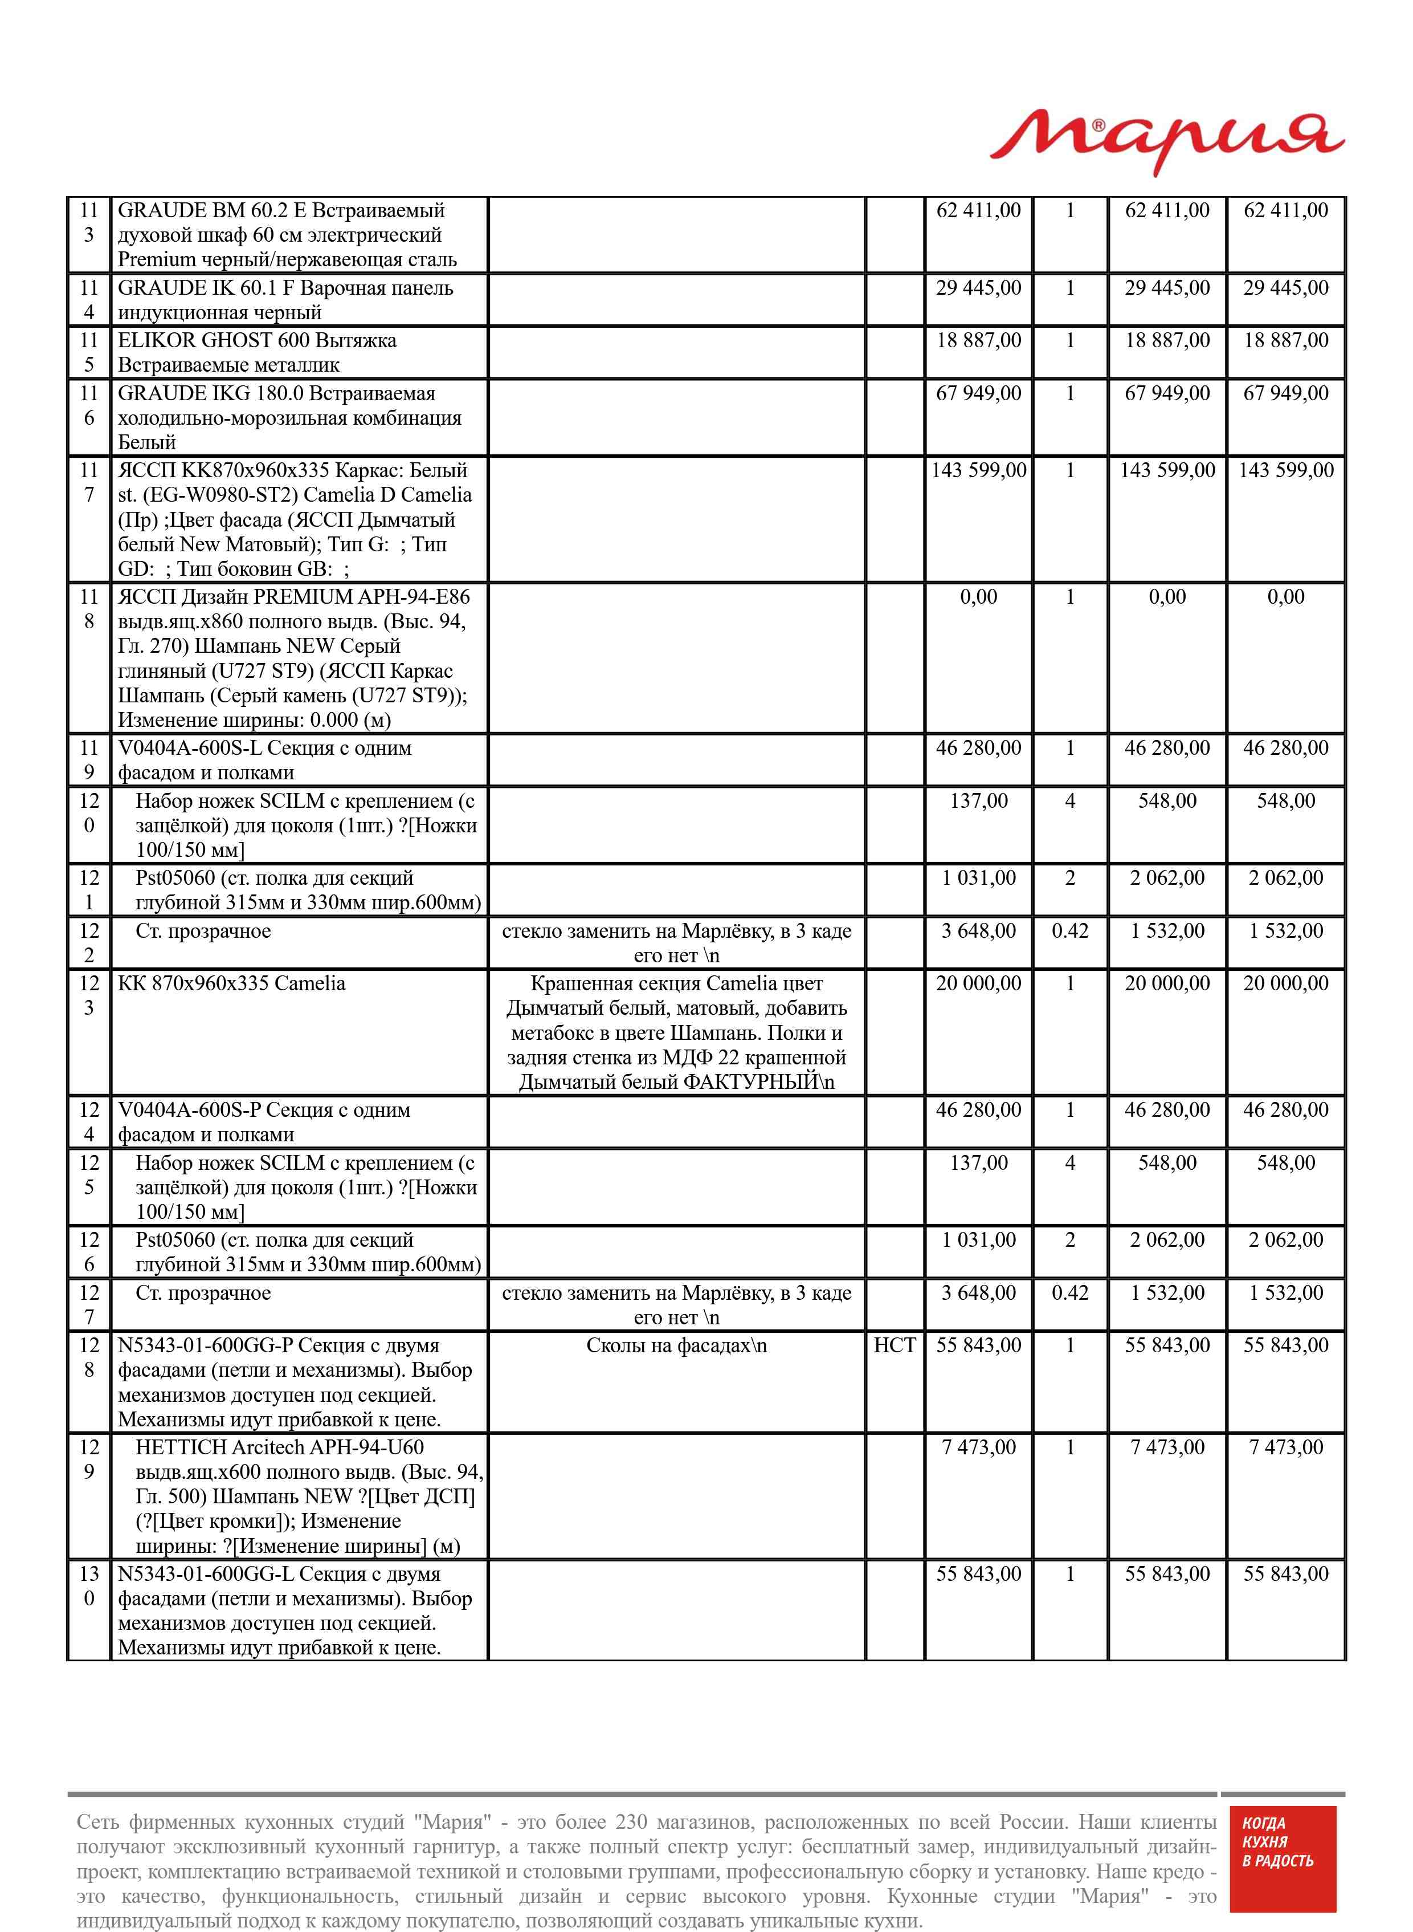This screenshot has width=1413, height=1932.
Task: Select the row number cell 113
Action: (89, 222)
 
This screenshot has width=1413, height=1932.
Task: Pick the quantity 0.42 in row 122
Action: (1069, 931)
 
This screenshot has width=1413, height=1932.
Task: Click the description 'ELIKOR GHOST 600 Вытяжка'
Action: (256, 352)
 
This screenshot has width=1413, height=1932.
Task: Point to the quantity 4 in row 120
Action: (1069, 801)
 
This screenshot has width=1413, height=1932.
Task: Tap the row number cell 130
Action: (89, 1585)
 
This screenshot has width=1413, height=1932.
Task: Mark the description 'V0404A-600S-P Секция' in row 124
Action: (263, 1122)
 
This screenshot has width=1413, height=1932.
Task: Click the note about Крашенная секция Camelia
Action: (676, 1033)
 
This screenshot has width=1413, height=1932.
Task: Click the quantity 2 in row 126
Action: (1069, 1240)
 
